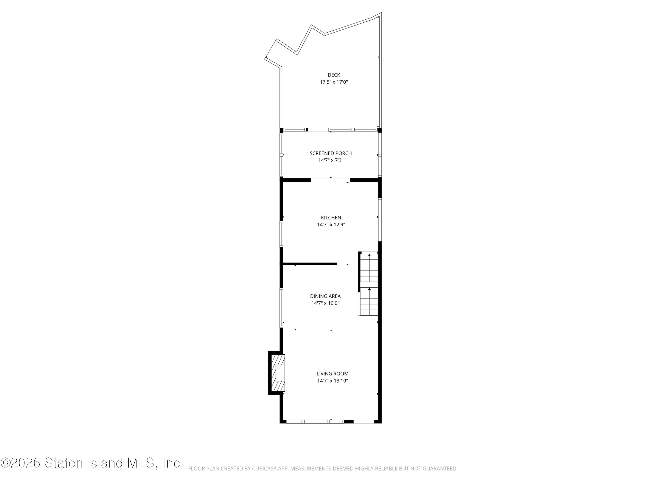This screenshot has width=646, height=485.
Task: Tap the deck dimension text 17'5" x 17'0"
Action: pos(334,82)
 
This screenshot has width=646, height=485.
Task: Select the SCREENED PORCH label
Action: pos(331,153)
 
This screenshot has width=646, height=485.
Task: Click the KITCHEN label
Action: pos(331,217)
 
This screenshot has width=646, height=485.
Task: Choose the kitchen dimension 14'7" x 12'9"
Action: pos(331,225)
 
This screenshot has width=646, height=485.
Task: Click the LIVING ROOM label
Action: pos(332,374)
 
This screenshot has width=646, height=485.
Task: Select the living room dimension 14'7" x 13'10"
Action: pos(332,381)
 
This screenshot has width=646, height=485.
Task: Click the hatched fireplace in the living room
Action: pos(278,373)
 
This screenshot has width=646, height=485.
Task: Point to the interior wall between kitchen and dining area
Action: pos(310,264)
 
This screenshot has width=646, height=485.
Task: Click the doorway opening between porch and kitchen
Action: pos(330,180)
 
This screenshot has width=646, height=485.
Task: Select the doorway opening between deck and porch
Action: pos(318,130)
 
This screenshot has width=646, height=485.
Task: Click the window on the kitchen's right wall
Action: pos(380,220)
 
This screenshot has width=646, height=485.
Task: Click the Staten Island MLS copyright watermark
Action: pos(92,463)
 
